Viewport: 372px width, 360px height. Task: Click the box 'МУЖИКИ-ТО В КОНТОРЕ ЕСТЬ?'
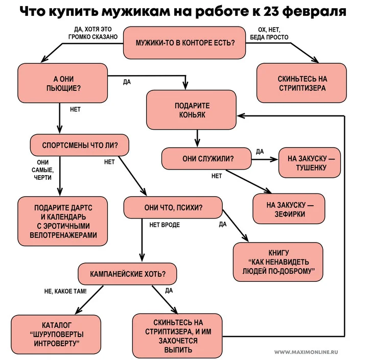click(185, 42)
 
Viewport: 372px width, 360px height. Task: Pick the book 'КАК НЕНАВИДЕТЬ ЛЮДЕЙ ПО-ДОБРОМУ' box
click(278, 262)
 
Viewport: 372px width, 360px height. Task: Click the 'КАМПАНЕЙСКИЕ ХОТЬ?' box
click(128, 274)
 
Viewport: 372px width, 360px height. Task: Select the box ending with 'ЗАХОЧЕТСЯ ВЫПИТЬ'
click(178, 336)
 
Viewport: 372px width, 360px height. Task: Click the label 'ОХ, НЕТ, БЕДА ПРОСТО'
click(269, 34)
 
